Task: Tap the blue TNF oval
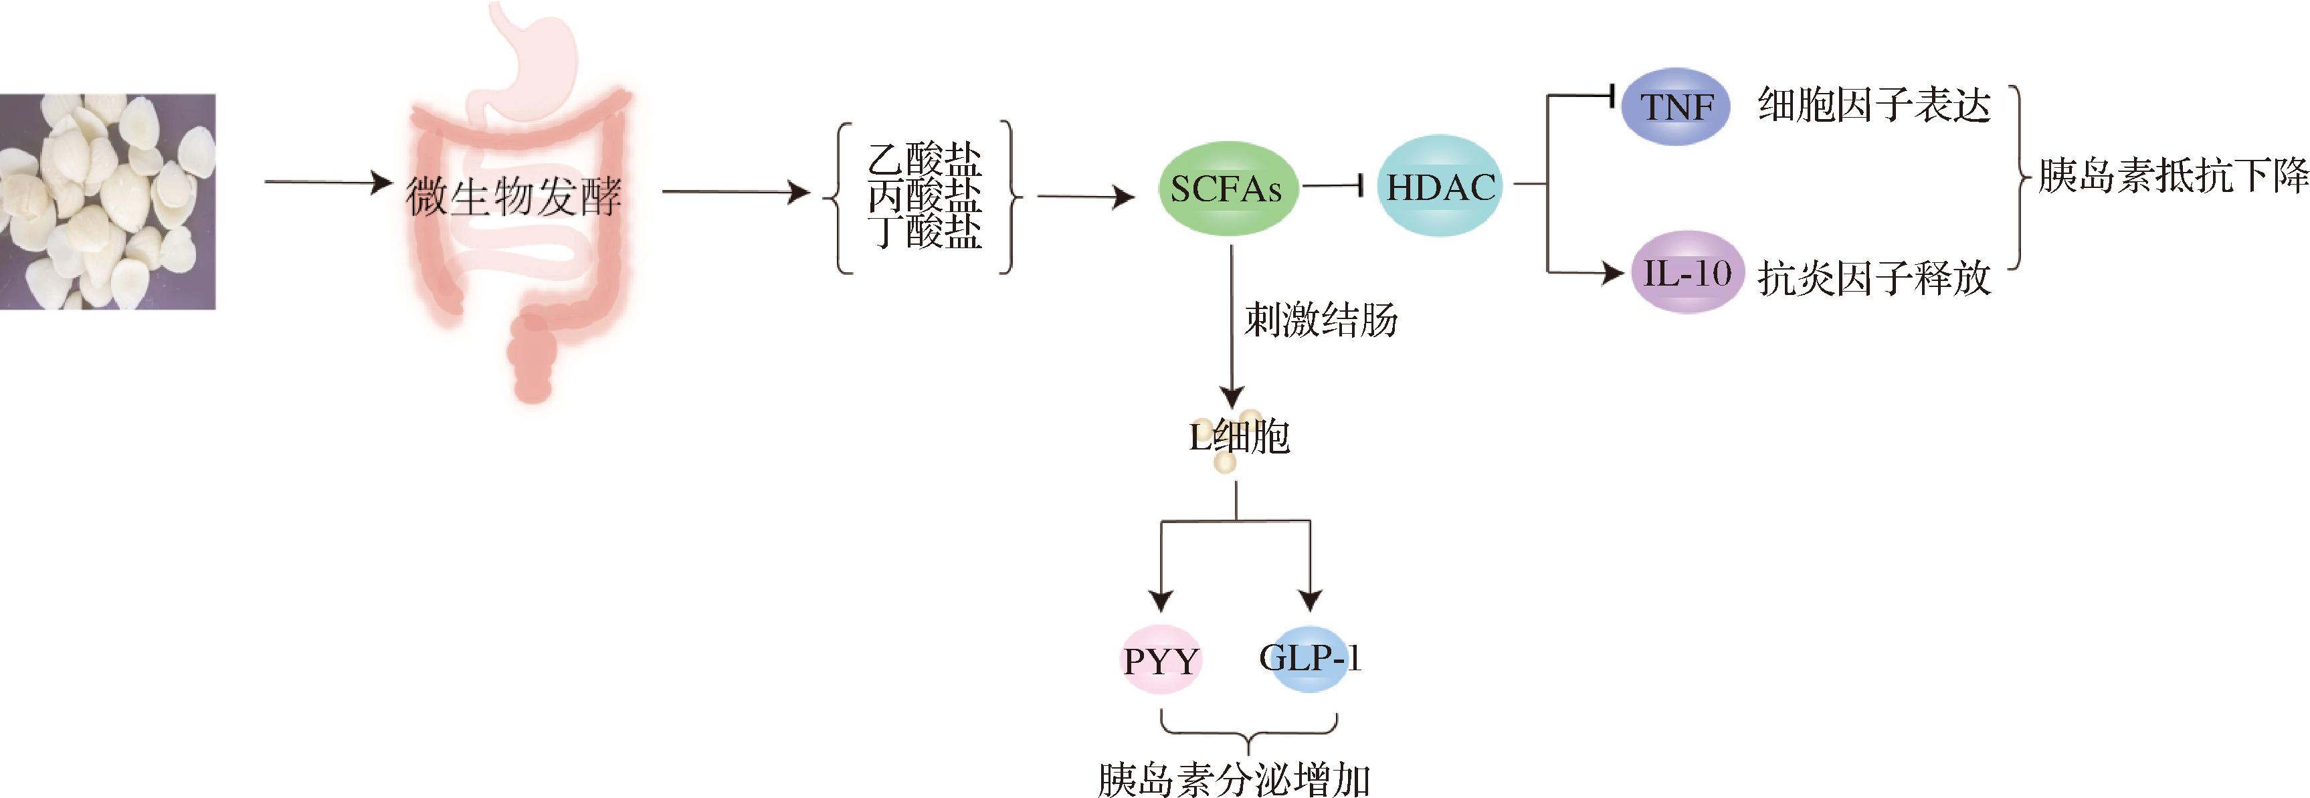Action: coord(1676,108)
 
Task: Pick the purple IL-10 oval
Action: coord(1686,272)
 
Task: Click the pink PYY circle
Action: coord(1161,661)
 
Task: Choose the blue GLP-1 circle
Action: coord(1309,658)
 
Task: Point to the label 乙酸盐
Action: coord(925,160)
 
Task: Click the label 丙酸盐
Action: coord(925,195)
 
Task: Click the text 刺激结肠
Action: coord(1321,320)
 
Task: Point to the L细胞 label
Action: coord(1240,437)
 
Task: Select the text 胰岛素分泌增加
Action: coord(1234,779)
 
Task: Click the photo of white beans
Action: coord(108,202)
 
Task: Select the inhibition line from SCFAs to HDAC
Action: coord(1333,187)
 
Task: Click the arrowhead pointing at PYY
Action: coord(1161,601)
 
